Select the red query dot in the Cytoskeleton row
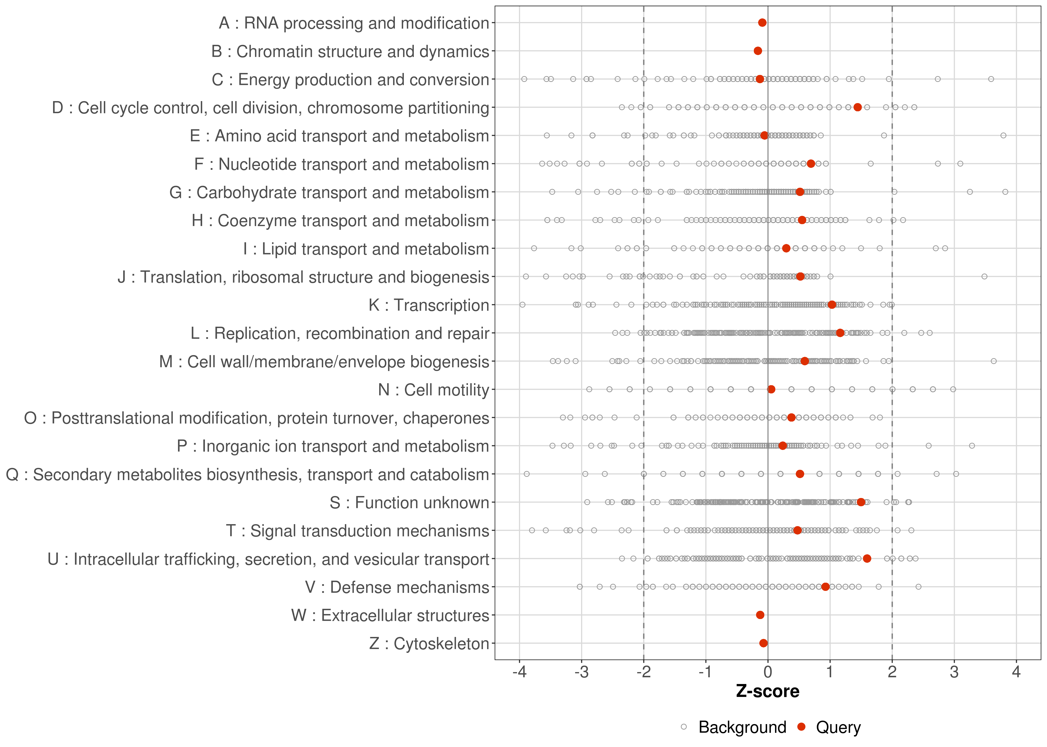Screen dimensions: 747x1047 763,643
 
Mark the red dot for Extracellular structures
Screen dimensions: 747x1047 760,615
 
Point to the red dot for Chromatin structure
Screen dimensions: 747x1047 758,51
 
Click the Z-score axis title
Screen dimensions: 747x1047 768,691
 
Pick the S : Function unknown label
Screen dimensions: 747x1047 409,503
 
